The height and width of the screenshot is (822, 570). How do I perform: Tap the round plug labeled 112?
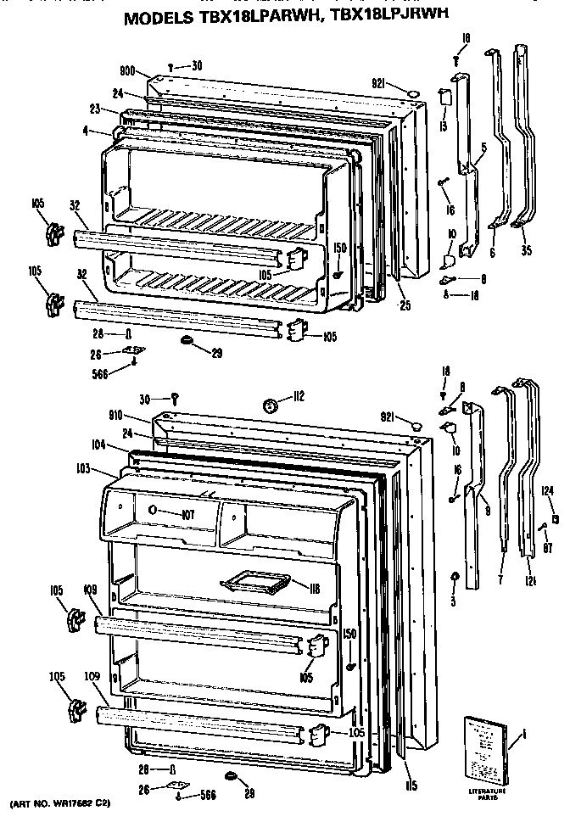[x=272, y=405]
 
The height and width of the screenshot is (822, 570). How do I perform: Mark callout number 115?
[x=410, y=786]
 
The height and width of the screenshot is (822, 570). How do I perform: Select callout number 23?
[x=95, y=108]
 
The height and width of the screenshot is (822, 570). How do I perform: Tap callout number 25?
[x=405, y=305]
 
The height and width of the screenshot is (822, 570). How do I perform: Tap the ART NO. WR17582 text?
[x=59, y=802]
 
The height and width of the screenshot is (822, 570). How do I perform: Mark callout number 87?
[x=549, y=545]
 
